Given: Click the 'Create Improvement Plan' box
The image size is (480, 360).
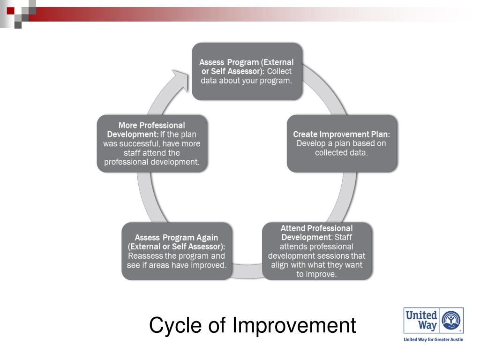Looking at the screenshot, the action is coord(342,143).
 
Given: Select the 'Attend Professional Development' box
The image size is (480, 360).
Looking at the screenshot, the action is coord(317,251).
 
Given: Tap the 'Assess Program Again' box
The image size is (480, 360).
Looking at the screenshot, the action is coord(176,251).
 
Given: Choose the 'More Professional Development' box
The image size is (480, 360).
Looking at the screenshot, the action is coord(151,143).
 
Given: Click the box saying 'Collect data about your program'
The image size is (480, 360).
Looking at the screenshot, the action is coord(246,71).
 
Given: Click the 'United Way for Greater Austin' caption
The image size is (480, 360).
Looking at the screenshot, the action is coord(433,339).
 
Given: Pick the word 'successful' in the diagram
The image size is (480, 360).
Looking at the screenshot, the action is coord(139,144).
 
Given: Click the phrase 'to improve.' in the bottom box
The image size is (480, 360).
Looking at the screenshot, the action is coord(316,274).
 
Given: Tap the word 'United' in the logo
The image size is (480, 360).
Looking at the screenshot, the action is coord(421,315).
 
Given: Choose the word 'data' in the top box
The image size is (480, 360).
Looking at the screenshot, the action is coord(210,80).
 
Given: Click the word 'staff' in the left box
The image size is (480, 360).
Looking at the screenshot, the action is coord(133,153).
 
